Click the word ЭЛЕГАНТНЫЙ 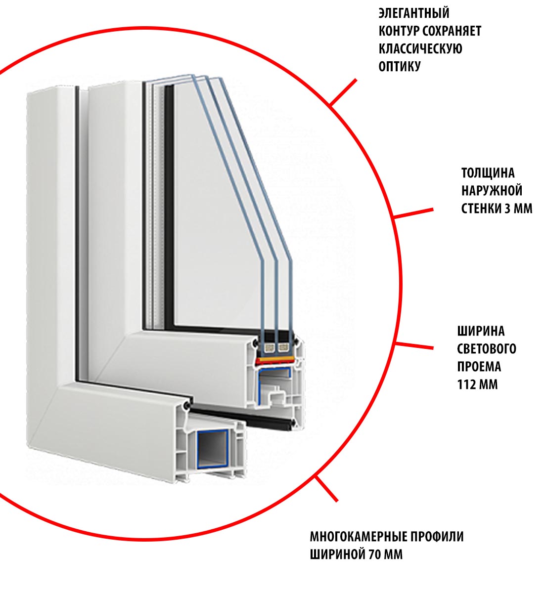click(414, 13)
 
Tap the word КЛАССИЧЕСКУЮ click(420, 49)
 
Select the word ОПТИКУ click(399, 67)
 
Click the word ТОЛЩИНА click(488, 173)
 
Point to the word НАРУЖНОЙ click(492, 191)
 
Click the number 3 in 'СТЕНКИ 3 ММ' click(507, 209)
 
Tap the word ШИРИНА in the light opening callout click(481, 331)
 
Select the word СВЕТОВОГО click(487, 349)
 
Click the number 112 click(467, 384)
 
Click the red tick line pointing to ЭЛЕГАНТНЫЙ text click(343, 92)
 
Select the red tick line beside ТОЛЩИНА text click(413, 213)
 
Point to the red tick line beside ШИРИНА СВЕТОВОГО click(415, 345)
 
